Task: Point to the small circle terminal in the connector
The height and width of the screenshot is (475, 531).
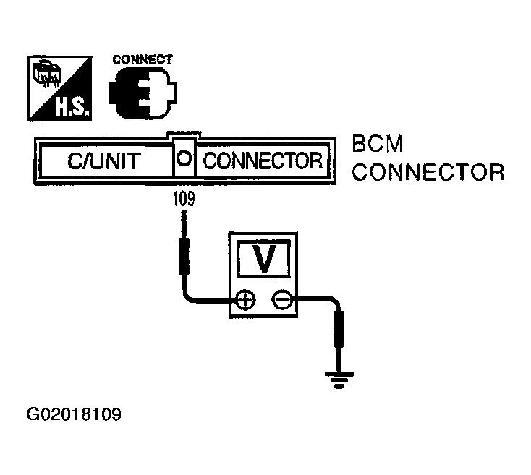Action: coord(184,160)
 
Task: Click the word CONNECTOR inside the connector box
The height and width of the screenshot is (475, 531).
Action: coord(263,161)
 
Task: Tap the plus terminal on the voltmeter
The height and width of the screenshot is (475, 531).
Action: coord(245,299)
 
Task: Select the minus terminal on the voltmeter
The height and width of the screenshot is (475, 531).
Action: coord(282,299)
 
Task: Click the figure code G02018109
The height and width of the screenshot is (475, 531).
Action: coord(73,415)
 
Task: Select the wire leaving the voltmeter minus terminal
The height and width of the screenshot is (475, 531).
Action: coord(311,298)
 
